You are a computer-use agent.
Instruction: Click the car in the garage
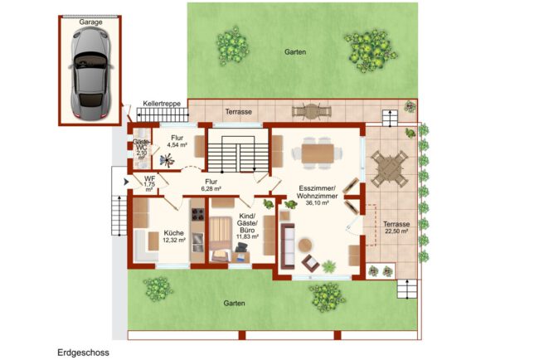(x=90, y=73)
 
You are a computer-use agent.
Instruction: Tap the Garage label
(x=90, y=22)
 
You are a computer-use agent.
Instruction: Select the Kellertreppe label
(x=162, y=104)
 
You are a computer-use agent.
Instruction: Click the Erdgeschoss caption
(x=83, y=353)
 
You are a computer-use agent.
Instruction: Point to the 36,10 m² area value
(x=317, y=203)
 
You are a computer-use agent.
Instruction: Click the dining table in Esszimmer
(x=318, y=153)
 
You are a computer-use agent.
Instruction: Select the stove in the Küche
(x=197, y=214)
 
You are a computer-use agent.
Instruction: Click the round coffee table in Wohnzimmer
(x=305, y=246)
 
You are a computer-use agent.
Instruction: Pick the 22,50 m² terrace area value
(x=396, y=231)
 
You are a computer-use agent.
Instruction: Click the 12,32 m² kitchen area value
(x=174, y=240)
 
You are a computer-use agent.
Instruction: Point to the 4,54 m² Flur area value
(x=177, y=145)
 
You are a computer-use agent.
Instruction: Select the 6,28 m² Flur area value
(x=211, y=189)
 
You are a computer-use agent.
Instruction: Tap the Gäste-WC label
(x=141, y=145)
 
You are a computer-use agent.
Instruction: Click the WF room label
(x=149, y=179)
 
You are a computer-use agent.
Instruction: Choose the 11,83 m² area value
(x=247, y=236)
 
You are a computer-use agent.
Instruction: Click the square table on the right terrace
(x=389, y=169)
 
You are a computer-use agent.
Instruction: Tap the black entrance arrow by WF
(x=126, y=182)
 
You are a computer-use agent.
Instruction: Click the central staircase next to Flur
(x=238, y=153)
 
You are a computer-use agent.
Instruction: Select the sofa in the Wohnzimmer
(x=288, y=246)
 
